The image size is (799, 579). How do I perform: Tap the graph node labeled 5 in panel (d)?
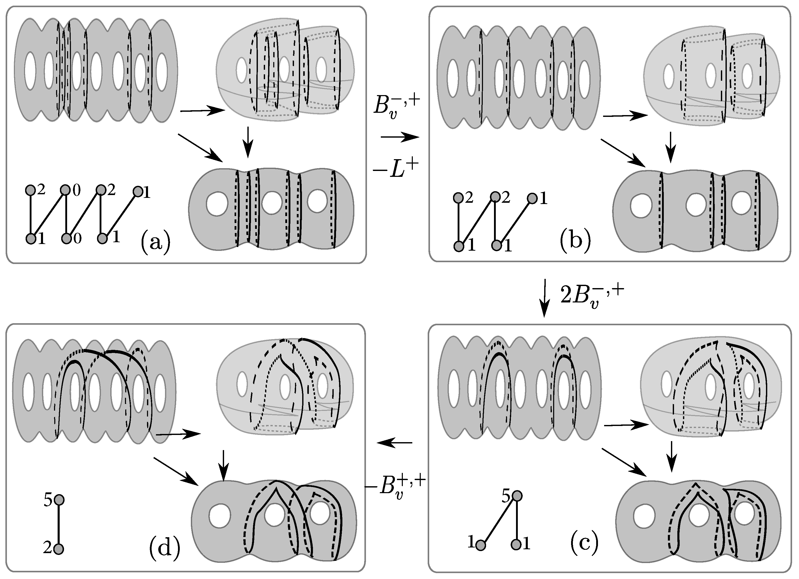pyautogui.click(x=59, y=500)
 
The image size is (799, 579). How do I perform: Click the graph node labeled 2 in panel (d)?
pyautogui.click(x=59, y=549)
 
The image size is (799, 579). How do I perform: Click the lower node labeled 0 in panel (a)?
pyautogui.click(x=66, y=239)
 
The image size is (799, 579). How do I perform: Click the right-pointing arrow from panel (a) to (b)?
pyautogui.click(x=400, y=137)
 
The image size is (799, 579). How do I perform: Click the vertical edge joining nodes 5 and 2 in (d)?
pyautogui.click(x=59, y=524)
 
